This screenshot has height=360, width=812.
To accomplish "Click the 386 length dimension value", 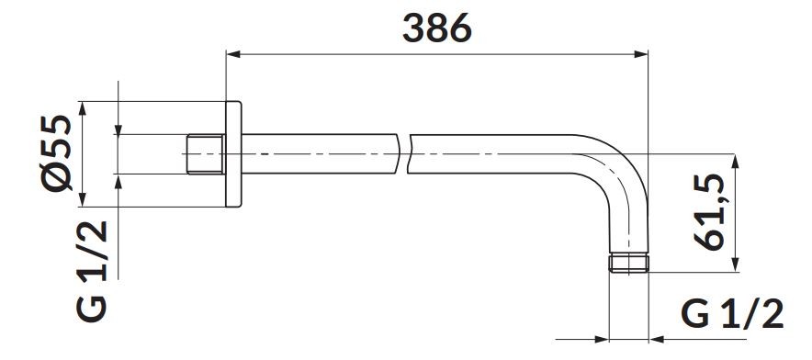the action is point(437,28).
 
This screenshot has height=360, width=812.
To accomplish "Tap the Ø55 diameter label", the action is point(56,153).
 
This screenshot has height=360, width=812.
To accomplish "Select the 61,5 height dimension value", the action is point(708,211).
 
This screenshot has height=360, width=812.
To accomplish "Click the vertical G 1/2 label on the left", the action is point(92,271).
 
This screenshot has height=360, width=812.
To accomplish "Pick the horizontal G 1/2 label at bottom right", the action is point(732,314).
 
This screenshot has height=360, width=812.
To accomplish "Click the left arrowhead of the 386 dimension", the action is point(234,54).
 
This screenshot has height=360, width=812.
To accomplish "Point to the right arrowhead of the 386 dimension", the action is point(640,54).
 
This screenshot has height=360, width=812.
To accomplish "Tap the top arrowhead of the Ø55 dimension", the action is point(82,108).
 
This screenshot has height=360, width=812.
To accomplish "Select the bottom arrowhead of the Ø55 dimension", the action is point(82,199).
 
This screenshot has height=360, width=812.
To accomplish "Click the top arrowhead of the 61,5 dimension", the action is point(735,161).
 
